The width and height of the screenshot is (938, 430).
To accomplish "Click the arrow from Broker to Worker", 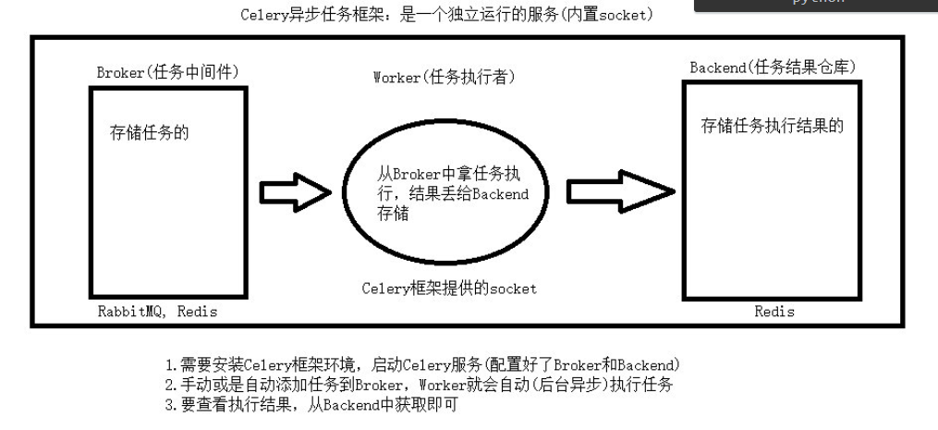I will tap(294, 191).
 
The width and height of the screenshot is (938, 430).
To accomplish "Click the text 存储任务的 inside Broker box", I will tap(150, 133).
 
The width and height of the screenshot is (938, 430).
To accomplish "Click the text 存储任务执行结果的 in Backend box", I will tap(773, 127).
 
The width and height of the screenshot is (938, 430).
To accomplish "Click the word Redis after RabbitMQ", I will tap(197, 312).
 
